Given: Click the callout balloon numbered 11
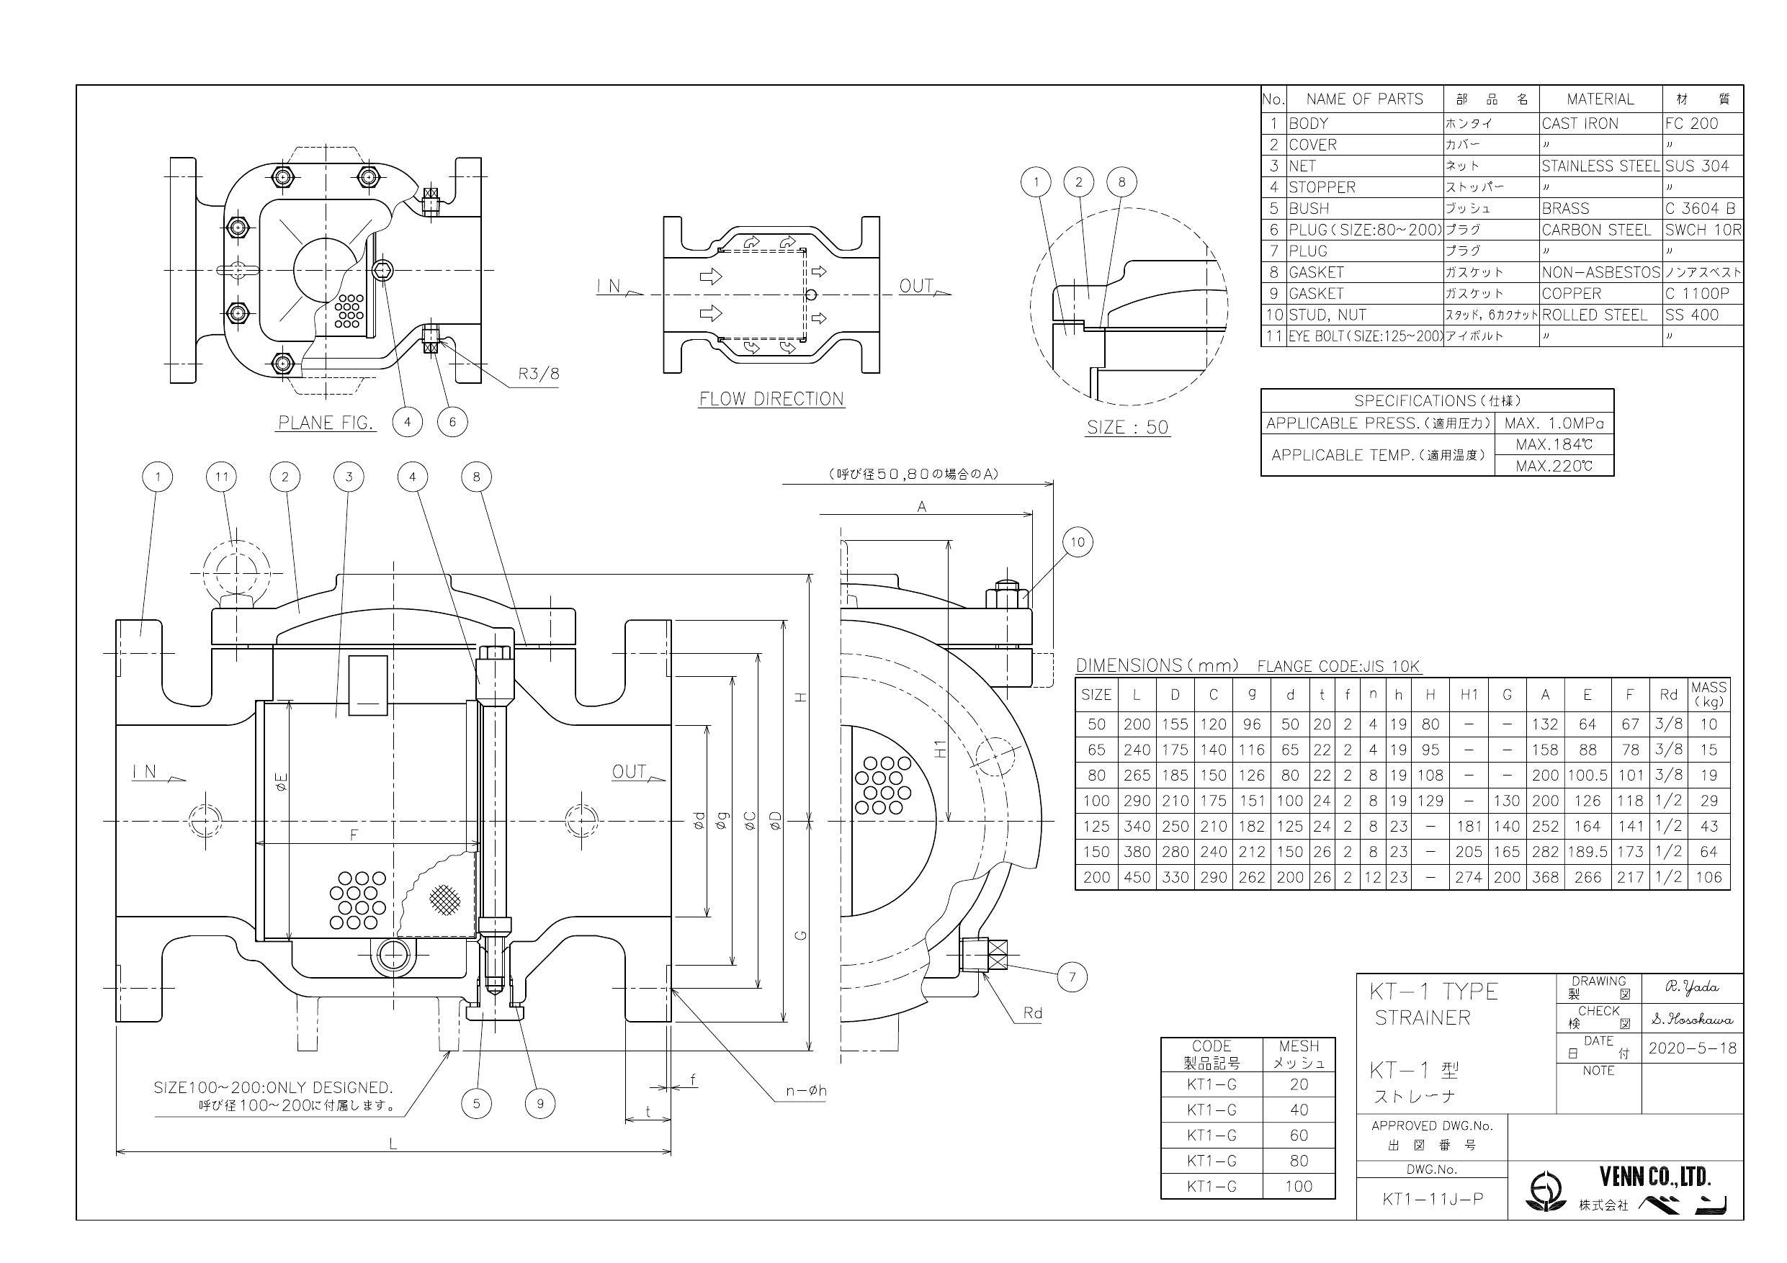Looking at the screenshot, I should coord(222,476).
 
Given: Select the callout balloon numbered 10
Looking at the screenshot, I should coord(1078,541).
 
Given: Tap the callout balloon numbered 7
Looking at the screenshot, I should coord(1072,976).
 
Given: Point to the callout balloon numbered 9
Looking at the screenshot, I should coord(540,1102).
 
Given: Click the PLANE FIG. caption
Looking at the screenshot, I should coord(326,423).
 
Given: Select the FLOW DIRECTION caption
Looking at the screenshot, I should coord(771,399).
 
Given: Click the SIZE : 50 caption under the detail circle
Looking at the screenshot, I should coord(1127,427).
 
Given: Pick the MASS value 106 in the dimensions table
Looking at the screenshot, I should coord(1708,877).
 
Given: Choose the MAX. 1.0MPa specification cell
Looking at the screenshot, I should coord(1554,423).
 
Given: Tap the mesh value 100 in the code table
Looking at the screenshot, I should coord(1298,1187).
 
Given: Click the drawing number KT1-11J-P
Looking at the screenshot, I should coord(1432,1199).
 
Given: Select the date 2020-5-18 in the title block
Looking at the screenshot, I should coord(1692,1048).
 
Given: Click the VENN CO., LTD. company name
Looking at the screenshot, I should coord(1654,1174).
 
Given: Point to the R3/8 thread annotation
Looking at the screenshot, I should coord(539,374).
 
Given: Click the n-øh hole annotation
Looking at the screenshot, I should coord(805,1091).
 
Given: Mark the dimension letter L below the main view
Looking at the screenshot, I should coord(393,1144).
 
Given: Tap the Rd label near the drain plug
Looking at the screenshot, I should coord(1032,1013).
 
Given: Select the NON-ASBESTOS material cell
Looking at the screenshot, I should coord(1600,272).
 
